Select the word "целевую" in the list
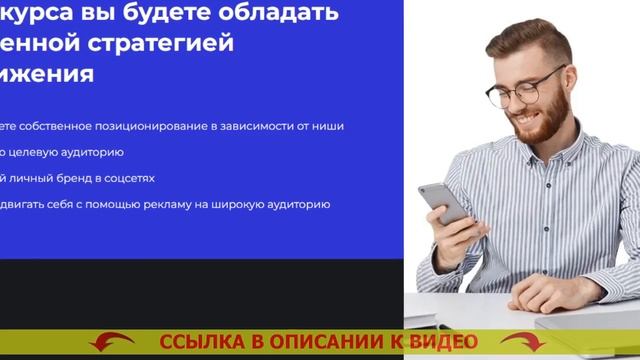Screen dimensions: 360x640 pyautogui.click(x=40, y=152)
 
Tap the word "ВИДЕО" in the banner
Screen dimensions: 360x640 pyautogui.click(x=442, y=343)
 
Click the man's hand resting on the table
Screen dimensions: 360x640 pyautogui.click(x=555, y=292)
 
